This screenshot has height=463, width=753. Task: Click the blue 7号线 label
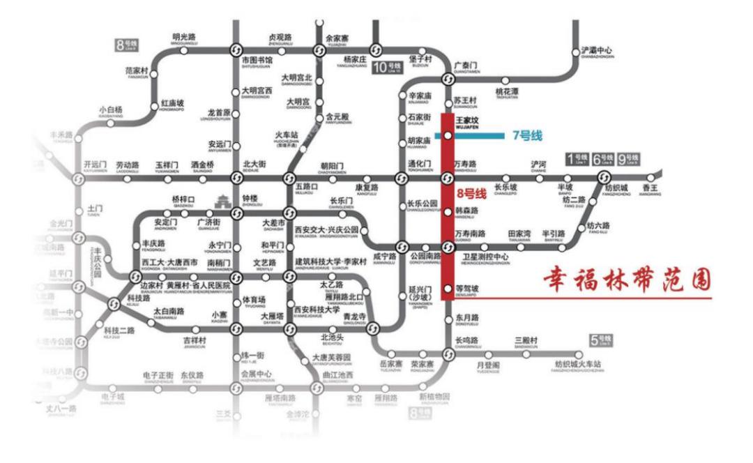(527, 135)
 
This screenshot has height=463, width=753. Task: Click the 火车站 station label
(285, 135)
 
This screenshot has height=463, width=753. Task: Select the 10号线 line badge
(388, 68)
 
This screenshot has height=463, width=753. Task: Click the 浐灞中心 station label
(596, 52)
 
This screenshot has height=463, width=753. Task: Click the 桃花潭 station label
(507, 92)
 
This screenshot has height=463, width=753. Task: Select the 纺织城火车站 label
(577, 365)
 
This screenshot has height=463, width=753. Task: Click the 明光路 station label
(184, 38)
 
